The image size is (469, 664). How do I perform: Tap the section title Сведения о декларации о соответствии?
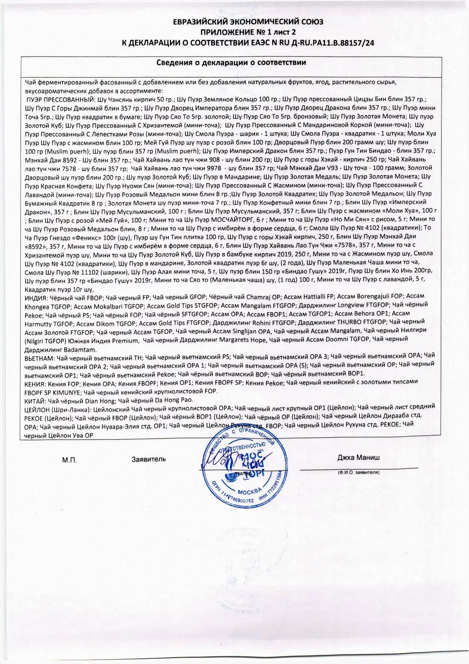tap(231, 62)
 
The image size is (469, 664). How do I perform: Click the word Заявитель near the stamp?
tap(149, 459)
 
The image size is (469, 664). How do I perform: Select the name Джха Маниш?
tap(358, 458)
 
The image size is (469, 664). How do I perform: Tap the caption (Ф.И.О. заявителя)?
tap(358, 472)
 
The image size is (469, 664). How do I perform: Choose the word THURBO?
tap(353, 322)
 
